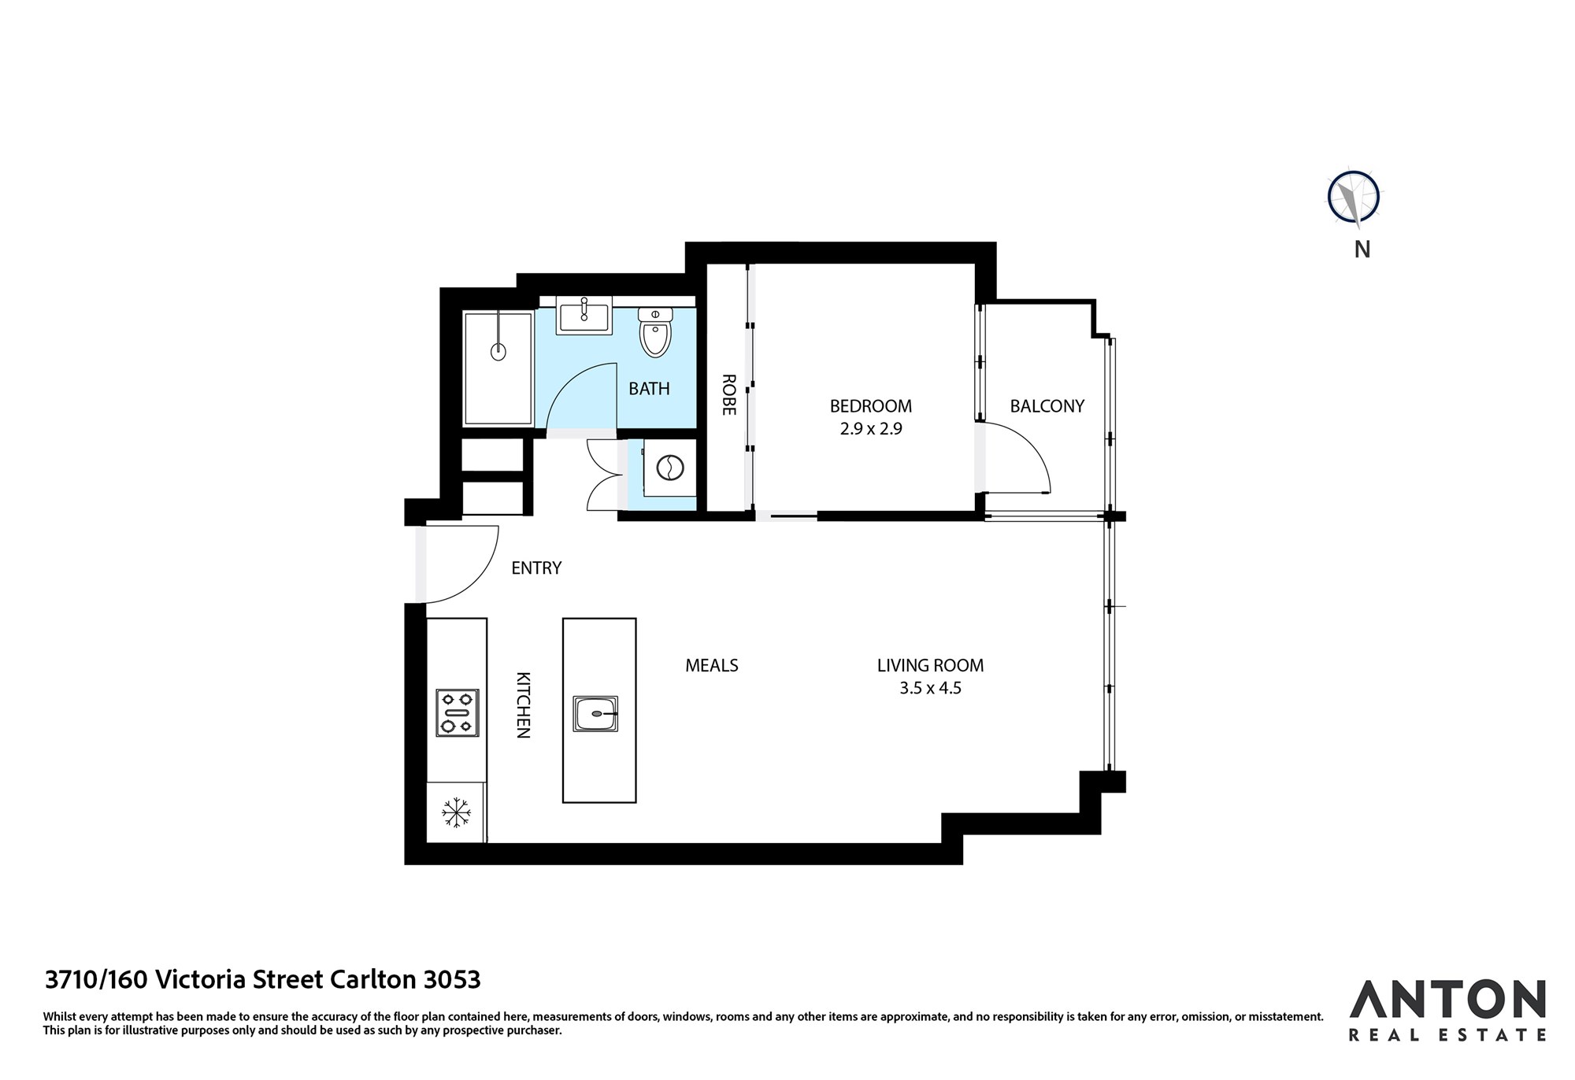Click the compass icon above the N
pyautogui.click(x=1354, y=196)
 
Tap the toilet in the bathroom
pyautogui.click(x=655, y=332)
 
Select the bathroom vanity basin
pyautogui.click(x=584, y=316)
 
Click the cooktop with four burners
pyautogui.click(x=457, y=713)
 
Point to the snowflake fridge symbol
pyautogui.click(x=456, y=812)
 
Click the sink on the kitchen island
pyautogui.click(x=595, y=714)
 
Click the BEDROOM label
pyautogui.click(x=871, y=406)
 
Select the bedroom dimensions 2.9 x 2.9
pyautogui.click(x=871, y=429)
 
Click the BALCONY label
pyautogui.click(x=1047, y=406)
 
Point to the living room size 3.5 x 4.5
pyautogui.click(x=930, y=688)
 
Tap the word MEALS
pyautogui.click(x=712, y=665)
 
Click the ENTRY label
pyautogui.click(x=536, y=568)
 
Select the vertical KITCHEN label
pyautogui.click(x=523, y=705)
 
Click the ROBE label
pyautogui.click(x=728, y=394)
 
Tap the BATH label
pyautogui.click(x=649, y=388)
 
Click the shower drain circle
pyautogui.click(x=498, y=352)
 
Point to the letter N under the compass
pyautogui.click(x=1362, y=249)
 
